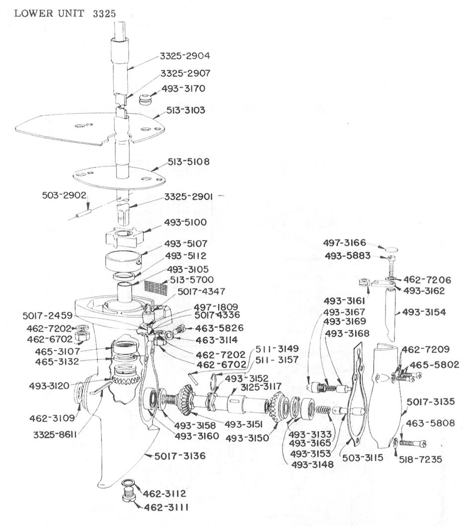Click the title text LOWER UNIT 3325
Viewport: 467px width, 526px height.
65,13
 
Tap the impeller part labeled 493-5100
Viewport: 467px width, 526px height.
124,235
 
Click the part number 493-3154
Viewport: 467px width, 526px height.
424,312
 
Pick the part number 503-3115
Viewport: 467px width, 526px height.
362,457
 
